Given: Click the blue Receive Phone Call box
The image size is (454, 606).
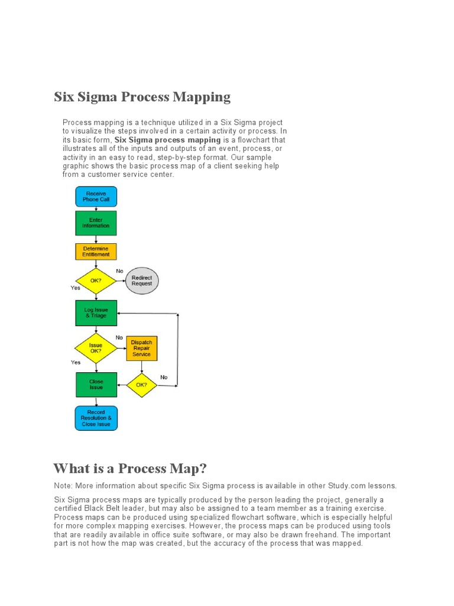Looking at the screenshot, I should click(x=96, y=196).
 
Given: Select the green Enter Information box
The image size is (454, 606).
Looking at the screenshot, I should click(x=96, y=223).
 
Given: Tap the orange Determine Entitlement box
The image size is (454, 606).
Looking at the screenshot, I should click(x=96, y=252).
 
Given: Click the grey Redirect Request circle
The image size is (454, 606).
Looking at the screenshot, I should click(x=142, y=281).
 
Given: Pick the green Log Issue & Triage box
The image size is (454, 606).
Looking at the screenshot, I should click(x=96, y=313).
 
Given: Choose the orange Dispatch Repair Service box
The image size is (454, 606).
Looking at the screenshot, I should click(x=142, y=348).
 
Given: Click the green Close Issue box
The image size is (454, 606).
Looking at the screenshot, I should click(x=96, y=385).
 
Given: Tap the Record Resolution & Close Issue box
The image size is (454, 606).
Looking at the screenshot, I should click(x=96, y=418).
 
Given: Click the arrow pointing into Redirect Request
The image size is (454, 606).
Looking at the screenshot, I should click(x=121, y=281).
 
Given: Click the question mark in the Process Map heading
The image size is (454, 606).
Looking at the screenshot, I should click(x=203, y=469).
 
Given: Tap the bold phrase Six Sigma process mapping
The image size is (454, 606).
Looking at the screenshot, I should click(x=167, y=140).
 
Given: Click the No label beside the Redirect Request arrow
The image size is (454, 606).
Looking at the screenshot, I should click(x=119, y=270).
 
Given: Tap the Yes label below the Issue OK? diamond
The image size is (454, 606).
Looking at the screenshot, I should click(x=76, y=362).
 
